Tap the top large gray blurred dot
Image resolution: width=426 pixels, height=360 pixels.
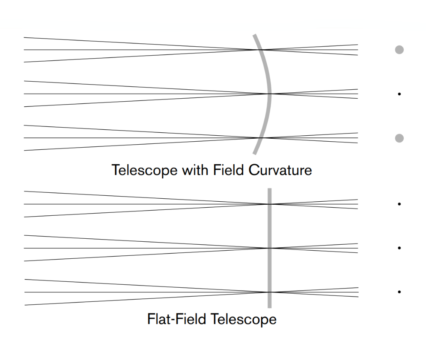(x=399, y=50)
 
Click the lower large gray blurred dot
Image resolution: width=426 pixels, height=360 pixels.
(x=399, y=138)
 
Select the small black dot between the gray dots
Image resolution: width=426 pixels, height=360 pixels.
(x=399, y=94)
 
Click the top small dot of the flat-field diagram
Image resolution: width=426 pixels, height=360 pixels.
(x=399, y=204)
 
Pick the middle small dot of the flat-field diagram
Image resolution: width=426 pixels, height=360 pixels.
(x=399, y=248)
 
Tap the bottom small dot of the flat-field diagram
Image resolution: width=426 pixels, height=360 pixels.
(x=399, y=292)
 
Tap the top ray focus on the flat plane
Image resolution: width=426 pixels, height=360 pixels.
(x=270, y=204)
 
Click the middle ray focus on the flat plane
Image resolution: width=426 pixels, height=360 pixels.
(x=270, y=248)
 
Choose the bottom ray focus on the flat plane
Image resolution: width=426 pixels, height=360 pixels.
(x=270, y=292)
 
